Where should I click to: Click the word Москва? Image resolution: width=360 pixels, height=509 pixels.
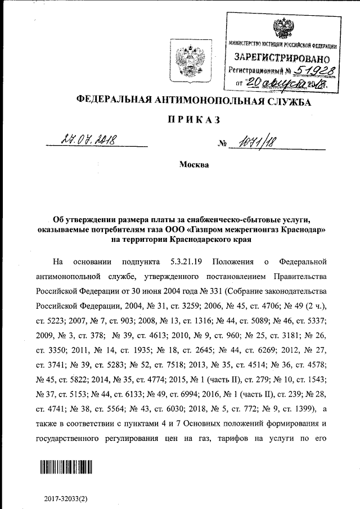coord(193,165)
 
